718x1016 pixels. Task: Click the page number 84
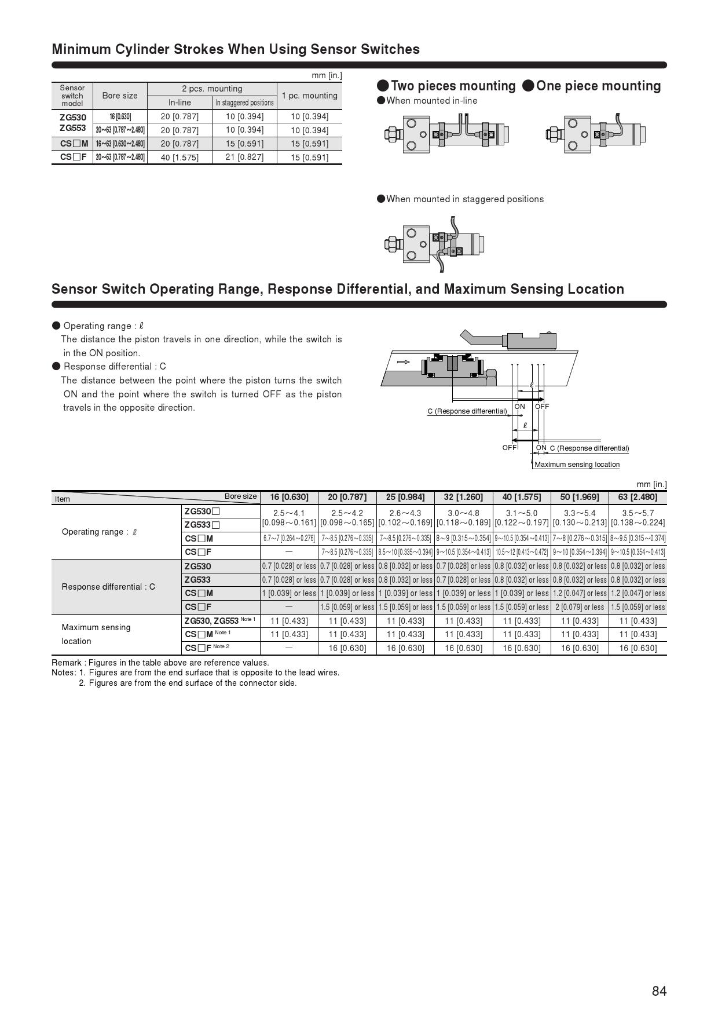(659, 991)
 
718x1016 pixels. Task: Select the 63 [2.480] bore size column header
(638, 497)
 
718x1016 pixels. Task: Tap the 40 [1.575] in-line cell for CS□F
(179, 158)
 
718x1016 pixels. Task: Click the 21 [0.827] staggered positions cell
(244, 157)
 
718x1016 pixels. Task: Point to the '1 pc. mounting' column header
(309, 96)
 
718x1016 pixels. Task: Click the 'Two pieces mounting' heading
(446, 86)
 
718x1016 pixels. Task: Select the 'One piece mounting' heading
(592, 86)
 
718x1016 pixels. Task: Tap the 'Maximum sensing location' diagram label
(577, 465)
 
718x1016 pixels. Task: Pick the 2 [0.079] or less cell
(580, 607)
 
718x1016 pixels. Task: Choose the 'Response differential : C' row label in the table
(108, 587)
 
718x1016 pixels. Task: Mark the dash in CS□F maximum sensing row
(289, 648)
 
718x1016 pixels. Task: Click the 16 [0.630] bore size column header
(289, 497)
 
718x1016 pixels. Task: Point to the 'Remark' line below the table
(160, 663)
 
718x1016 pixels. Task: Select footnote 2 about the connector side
(188, 683)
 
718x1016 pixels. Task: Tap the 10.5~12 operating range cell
(522, 553)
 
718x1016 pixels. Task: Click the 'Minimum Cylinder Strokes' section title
(236, 49)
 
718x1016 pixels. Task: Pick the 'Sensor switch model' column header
(72, 96)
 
